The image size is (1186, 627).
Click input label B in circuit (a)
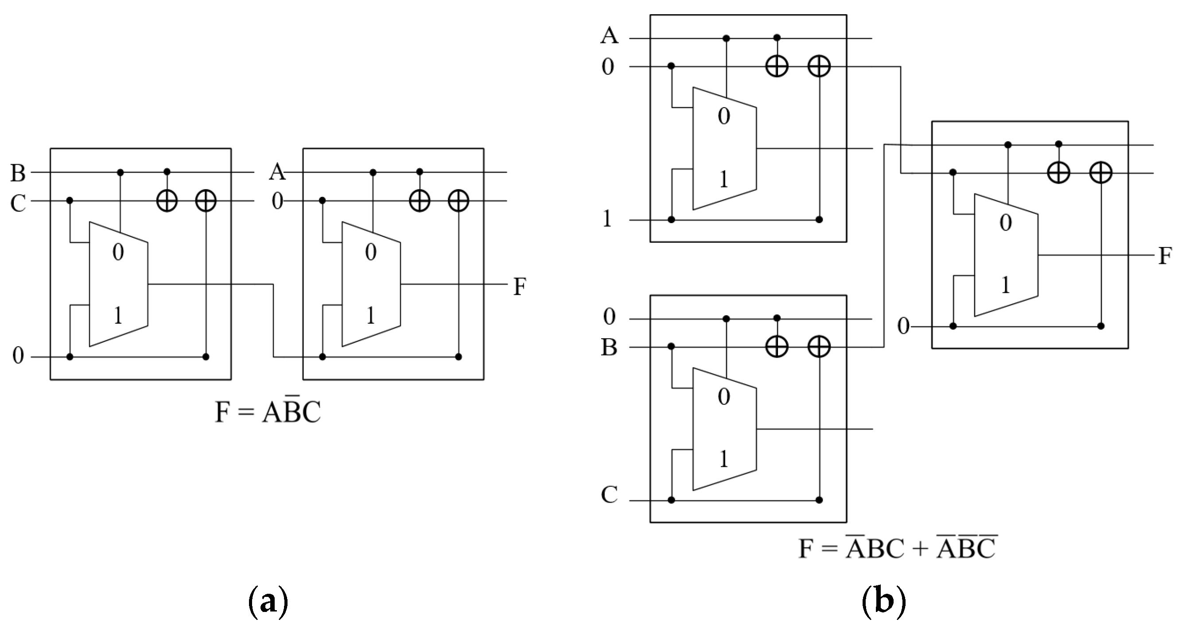18,174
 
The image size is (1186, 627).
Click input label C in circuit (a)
18,203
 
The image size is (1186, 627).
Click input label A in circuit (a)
277,173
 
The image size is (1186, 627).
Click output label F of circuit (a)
519,286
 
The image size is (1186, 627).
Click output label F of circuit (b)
1165,256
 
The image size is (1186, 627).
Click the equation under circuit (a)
268,411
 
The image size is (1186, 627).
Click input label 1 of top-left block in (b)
607,219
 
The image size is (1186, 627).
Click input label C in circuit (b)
609,495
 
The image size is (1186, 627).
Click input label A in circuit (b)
609,35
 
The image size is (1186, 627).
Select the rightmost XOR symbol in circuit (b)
1100,173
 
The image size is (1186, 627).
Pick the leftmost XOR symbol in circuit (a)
167,201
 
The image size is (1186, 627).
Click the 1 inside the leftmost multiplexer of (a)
118,316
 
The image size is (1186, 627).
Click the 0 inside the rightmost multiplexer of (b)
1006,223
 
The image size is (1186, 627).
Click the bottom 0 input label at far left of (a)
18,356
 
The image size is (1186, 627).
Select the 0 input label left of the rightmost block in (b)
903,326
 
